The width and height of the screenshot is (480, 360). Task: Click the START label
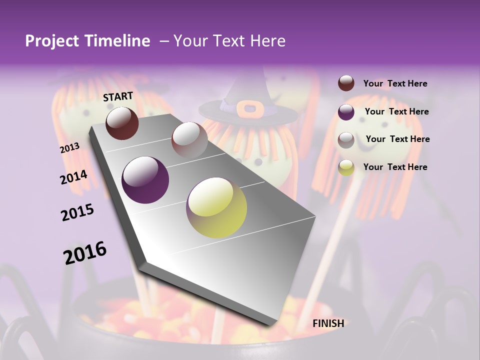click(118, 96)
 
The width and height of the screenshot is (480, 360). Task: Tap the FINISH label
click(328, 323)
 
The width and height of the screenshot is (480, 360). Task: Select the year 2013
click(69, 147)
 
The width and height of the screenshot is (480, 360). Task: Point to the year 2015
click(77, 212)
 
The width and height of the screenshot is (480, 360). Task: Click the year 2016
click(85, 253)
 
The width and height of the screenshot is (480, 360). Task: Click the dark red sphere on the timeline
click(122, 122)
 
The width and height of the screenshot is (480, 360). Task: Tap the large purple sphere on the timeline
click(145, 180)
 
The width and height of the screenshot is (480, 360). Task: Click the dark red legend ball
click(346, 83)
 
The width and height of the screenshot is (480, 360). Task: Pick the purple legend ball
click(346, 112)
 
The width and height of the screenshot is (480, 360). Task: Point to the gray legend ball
click(346, 140)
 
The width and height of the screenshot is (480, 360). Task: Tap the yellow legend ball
click(346, 167)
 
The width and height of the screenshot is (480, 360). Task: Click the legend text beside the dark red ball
click(395, 83)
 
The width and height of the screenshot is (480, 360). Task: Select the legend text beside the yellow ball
click(395, 167)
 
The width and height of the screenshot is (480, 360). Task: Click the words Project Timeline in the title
click(87, 41)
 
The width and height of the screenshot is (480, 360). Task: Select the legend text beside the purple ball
click(396, 111)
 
